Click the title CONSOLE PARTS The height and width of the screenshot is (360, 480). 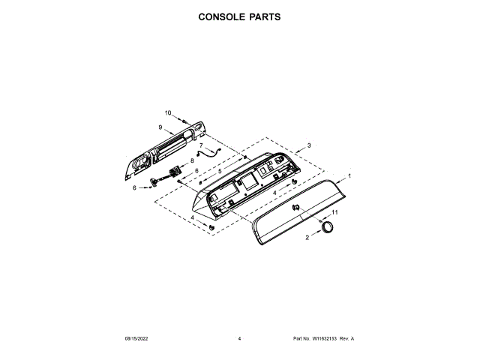(x=239, y=16)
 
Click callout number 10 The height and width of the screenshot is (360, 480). (x=168, y=112)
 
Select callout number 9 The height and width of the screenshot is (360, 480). (x=160, y=127)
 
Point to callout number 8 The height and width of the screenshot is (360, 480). (x=192, y=160)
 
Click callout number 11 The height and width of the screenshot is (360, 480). (x=335, y=213)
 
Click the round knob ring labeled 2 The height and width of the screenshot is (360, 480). (x=328, y=229)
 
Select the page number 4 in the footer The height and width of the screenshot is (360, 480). (x=239, y=339)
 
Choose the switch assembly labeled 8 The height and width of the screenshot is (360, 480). (x=178, y=172)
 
